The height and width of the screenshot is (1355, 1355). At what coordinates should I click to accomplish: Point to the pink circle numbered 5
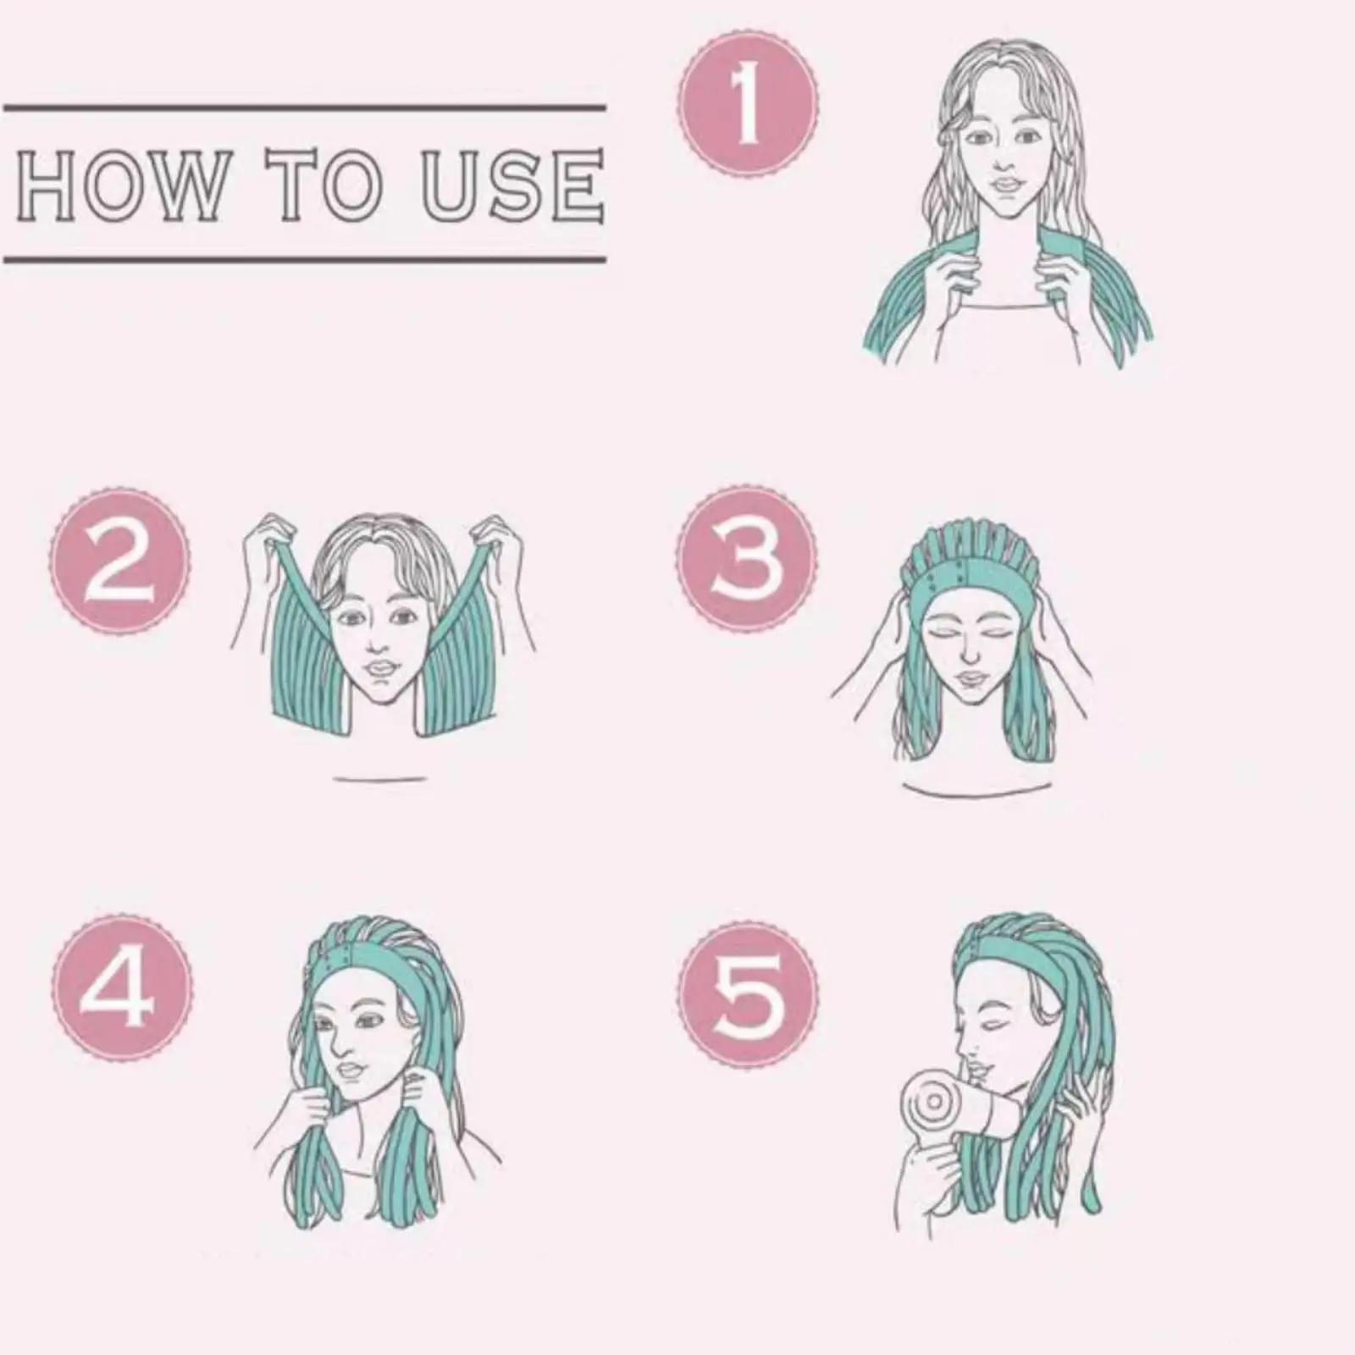[749, 995]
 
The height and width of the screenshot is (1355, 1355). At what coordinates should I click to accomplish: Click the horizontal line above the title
[305, 108]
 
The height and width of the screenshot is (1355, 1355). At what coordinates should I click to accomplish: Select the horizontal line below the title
[305, 258]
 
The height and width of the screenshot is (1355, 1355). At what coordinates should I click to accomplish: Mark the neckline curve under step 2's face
[379, 777]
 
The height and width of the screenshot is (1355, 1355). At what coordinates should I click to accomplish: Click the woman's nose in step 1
[1004, 161]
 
